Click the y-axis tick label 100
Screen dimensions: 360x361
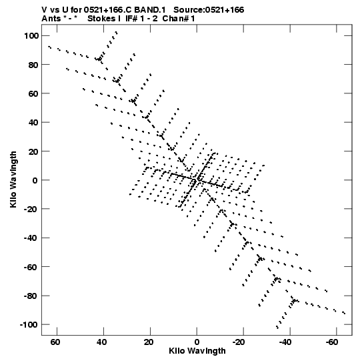point(31,35)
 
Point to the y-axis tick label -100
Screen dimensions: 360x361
point(29,325)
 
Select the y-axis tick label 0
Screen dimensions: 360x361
point(35,180)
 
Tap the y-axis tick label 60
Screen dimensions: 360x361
point(33,93)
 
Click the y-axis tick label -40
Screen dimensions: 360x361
point(31,238)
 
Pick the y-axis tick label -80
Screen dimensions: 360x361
point(31,296)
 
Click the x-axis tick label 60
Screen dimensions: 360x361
point(55,342)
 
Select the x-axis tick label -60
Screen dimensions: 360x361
point(332,342)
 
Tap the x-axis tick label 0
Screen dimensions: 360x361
point(197,342)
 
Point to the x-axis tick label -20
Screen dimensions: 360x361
point(239,342)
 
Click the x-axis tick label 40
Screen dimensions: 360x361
point(102,342)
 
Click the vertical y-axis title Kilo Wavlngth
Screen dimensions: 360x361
point(13,179)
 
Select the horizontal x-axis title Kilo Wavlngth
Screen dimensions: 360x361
point(197,351)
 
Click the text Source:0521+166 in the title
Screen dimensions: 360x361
point(209,10)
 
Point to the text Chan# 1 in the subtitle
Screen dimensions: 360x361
point(179,19)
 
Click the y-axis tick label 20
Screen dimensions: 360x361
point(33,151)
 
